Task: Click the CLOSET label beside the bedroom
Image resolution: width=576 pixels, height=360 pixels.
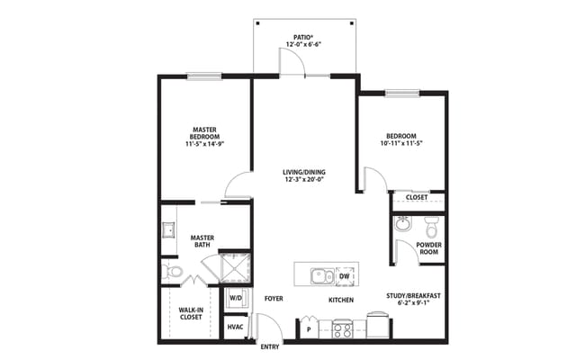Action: click(416, 197)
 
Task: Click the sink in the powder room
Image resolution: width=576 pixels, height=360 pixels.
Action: click(404, 223)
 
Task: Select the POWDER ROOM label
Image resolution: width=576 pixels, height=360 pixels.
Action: click(428, 248)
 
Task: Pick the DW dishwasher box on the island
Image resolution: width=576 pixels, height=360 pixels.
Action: click(345, 276)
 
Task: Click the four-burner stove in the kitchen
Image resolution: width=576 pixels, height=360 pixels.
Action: click(342, 328)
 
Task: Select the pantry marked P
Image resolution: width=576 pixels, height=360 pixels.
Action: click(310, 328)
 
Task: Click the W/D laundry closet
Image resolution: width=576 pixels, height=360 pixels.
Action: click(236, 297)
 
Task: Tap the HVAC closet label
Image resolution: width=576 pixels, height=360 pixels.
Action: click(235, 327)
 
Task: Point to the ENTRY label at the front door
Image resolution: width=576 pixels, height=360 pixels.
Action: click(270, 346)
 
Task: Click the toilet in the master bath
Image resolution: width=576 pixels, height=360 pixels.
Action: click(172, 270)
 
